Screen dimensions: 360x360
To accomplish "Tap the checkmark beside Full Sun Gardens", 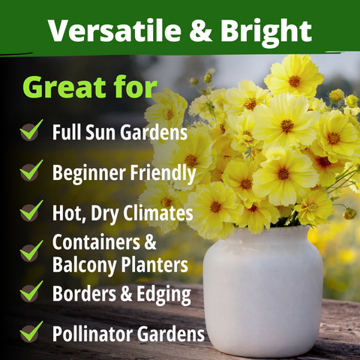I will pos(31,131).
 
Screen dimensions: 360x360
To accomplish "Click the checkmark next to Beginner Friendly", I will pos(31,171).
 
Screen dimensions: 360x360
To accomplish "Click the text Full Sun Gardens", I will pos(119,133).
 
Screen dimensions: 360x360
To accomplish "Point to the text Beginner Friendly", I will pos(124,173).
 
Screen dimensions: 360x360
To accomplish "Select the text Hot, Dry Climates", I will pos(118,212).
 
